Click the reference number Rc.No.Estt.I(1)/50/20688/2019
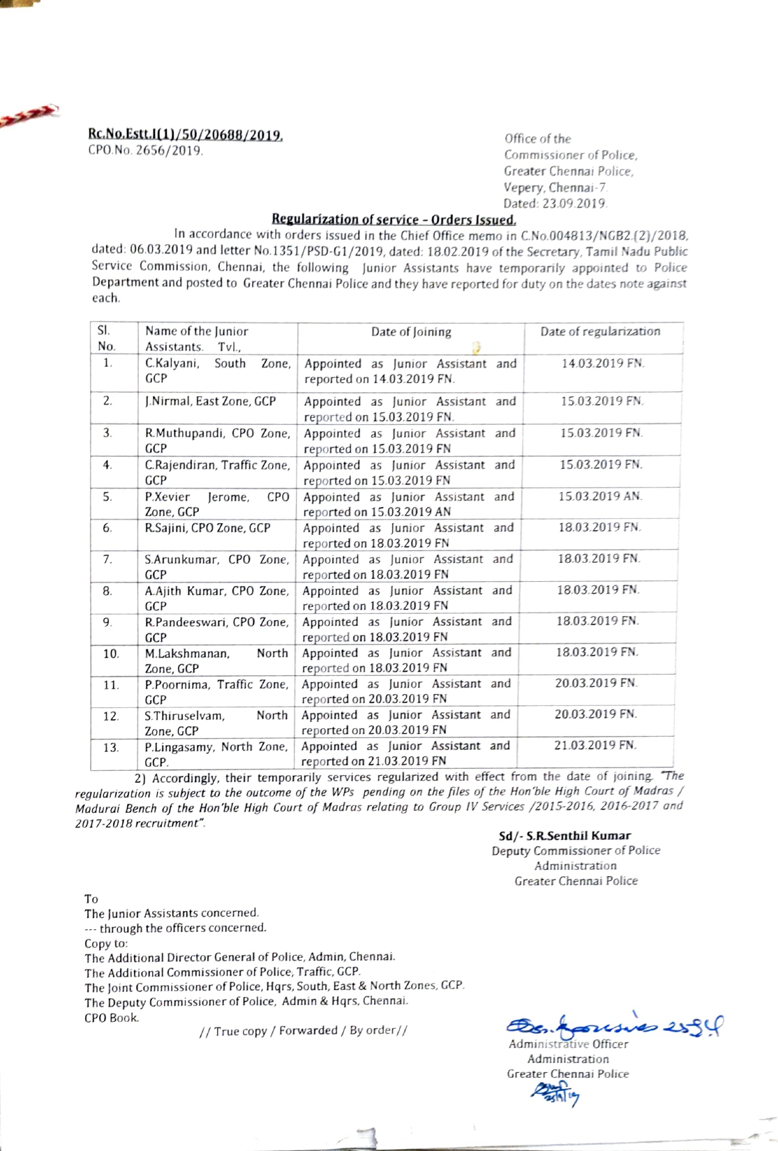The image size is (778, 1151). click(x=185, y=134)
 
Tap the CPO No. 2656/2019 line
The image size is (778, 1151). click(x=146, y=150)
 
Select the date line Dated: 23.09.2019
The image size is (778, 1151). click(x=555, y=204)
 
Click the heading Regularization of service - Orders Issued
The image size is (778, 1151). click(x=394, y=219)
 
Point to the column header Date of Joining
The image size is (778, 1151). click(x=411, y=332)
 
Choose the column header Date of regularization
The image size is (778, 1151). click(x=600, y=331)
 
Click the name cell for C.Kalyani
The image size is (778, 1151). click(x=217, y=370)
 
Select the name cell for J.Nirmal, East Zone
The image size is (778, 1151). click(x=210, y=401)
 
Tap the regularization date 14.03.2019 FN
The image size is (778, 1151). click(x=603, y=363)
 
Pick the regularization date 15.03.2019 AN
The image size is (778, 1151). click(x=600, y=496)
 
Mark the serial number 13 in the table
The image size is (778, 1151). click(x=110, y=747)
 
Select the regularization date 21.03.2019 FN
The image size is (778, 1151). click(x=596, y=745)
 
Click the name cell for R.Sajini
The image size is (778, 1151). click(x=207, y=528)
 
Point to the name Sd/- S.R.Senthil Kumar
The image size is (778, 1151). click(x=564, y=835)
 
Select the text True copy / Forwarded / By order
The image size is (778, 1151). click(x=303, y=1030)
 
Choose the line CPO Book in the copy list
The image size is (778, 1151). click(x=112, y=1017)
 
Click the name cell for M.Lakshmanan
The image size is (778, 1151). click(x=216, y=661)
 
